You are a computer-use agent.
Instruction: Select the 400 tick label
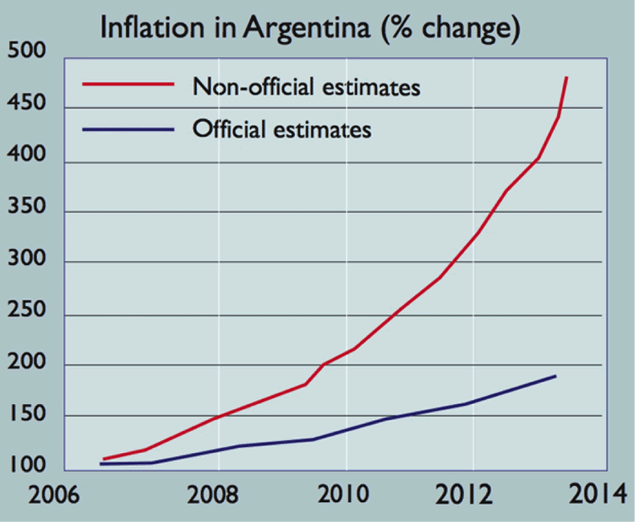(26, 160)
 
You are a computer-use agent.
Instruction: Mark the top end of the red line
(567, 77)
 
